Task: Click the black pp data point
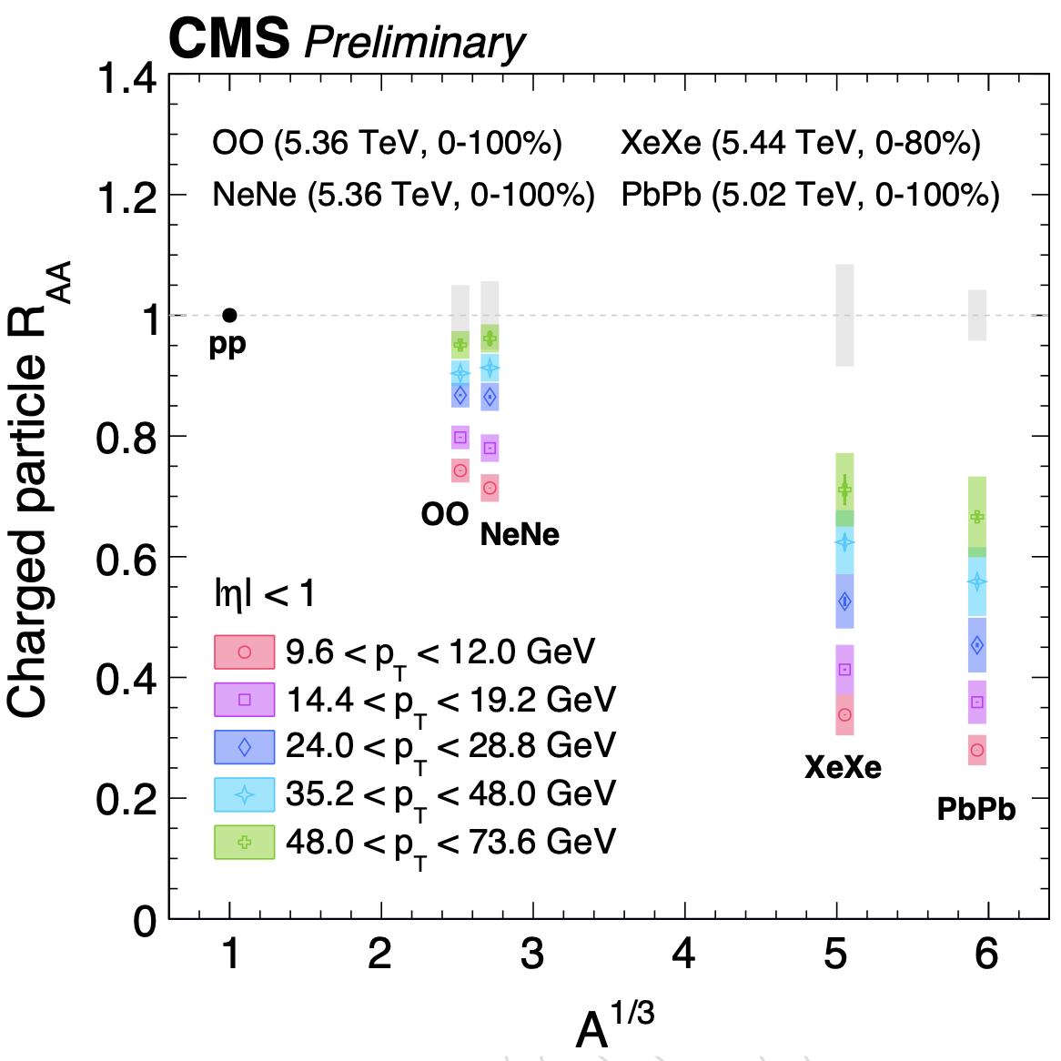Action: click(229, 315)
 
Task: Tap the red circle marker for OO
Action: click(460, 470)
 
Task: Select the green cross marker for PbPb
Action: click(977, 517)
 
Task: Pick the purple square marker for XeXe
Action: click(844, 670)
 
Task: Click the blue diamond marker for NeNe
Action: click(490, 397)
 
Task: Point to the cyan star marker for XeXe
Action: click(844, 542)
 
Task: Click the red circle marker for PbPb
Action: click(977, 750)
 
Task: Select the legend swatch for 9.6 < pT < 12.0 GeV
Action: click(244, 652)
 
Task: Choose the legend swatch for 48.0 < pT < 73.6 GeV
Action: click(244, 843)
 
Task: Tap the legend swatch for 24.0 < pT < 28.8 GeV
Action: click(244, 747)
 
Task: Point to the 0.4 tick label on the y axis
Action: click(127, 679)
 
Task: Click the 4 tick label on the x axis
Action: click(683, 954)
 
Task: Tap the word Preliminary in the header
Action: click(414, 42)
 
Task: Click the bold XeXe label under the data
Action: click(843, 768)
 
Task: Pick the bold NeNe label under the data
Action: click(520, 535)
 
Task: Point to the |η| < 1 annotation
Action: click(264, 594)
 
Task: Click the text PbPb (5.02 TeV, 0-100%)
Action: click(810, 196)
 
